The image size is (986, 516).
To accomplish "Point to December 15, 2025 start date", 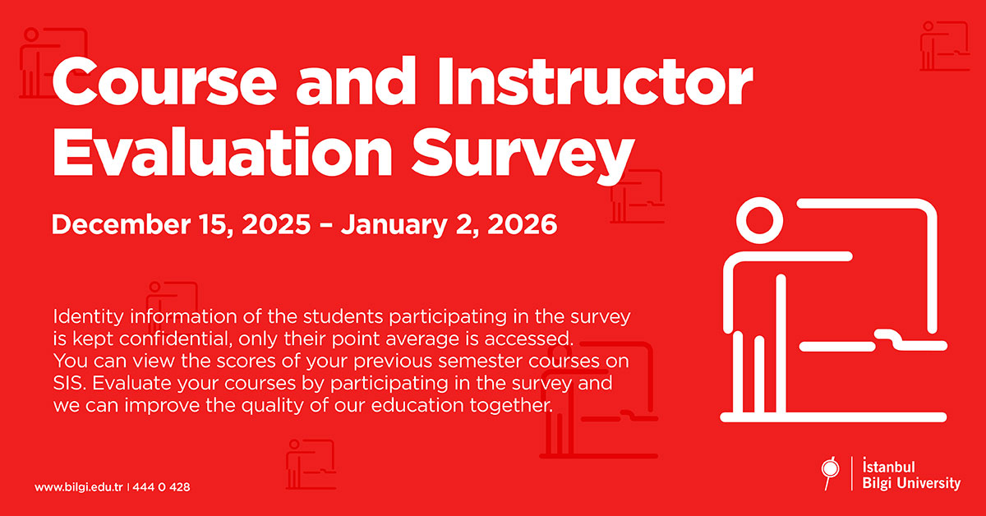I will point(182,223).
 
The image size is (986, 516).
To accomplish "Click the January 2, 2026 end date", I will point(449,223).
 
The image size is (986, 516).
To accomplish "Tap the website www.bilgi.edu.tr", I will point(79,487).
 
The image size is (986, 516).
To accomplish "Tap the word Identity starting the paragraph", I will point(81,317).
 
